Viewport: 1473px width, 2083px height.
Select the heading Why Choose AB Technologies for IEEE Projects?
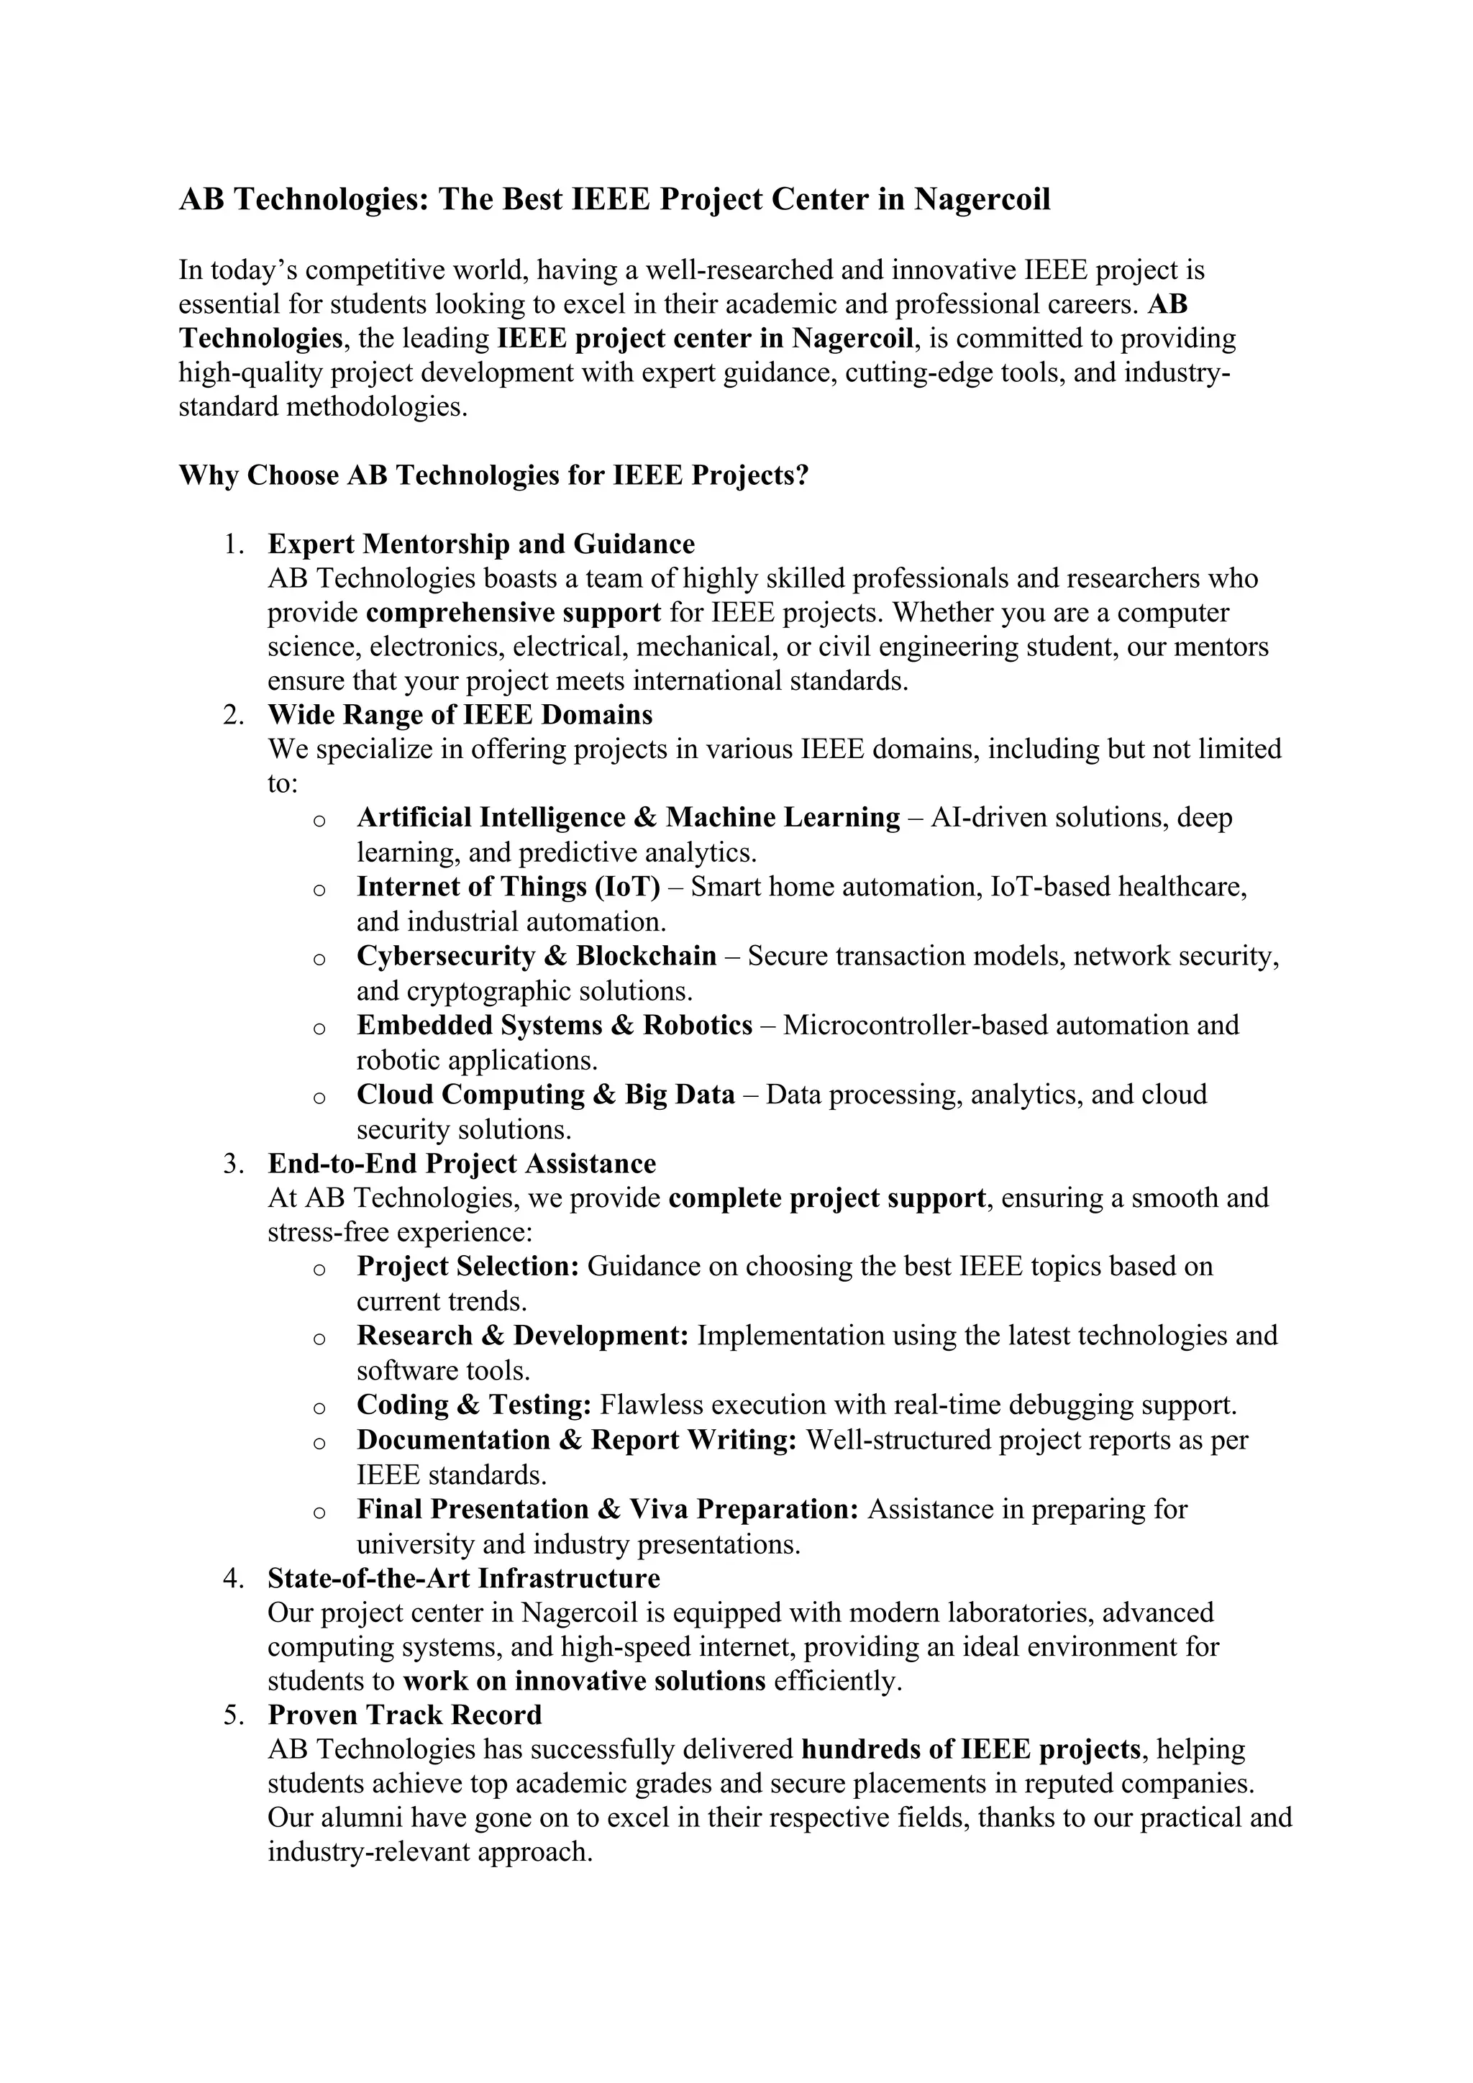[493, 475]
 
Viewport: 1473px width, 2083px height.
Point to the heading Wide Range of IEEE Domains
[460, 715]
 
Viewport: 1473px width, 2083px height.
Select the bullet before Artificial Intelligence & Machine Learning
[319, 820]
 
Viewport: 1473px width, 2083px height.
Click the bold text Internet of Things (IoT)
[508, 886]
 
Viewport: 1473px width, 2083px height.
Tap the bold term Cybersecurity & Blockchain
[536, 956]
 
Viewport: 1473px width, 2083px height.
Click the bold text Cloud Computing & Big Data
[545, 1095]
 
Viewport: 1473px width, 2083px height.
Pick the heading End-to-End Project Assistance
[462, 1164]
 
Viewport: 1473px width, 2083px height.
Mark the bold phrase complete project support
[826, 1198]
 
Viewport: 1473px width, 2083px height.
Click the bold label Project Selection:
[467, 1267]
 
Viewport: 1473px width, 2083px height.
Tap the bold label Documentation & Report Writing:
[576, 1441]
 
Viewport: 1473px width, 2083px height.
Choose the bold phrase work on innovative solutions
[584, 1681]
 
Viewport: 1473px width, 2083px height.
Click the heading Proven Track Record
[404, 1715]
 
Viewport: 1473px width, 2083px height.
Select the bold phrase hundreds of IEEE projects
[970, 1749]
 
